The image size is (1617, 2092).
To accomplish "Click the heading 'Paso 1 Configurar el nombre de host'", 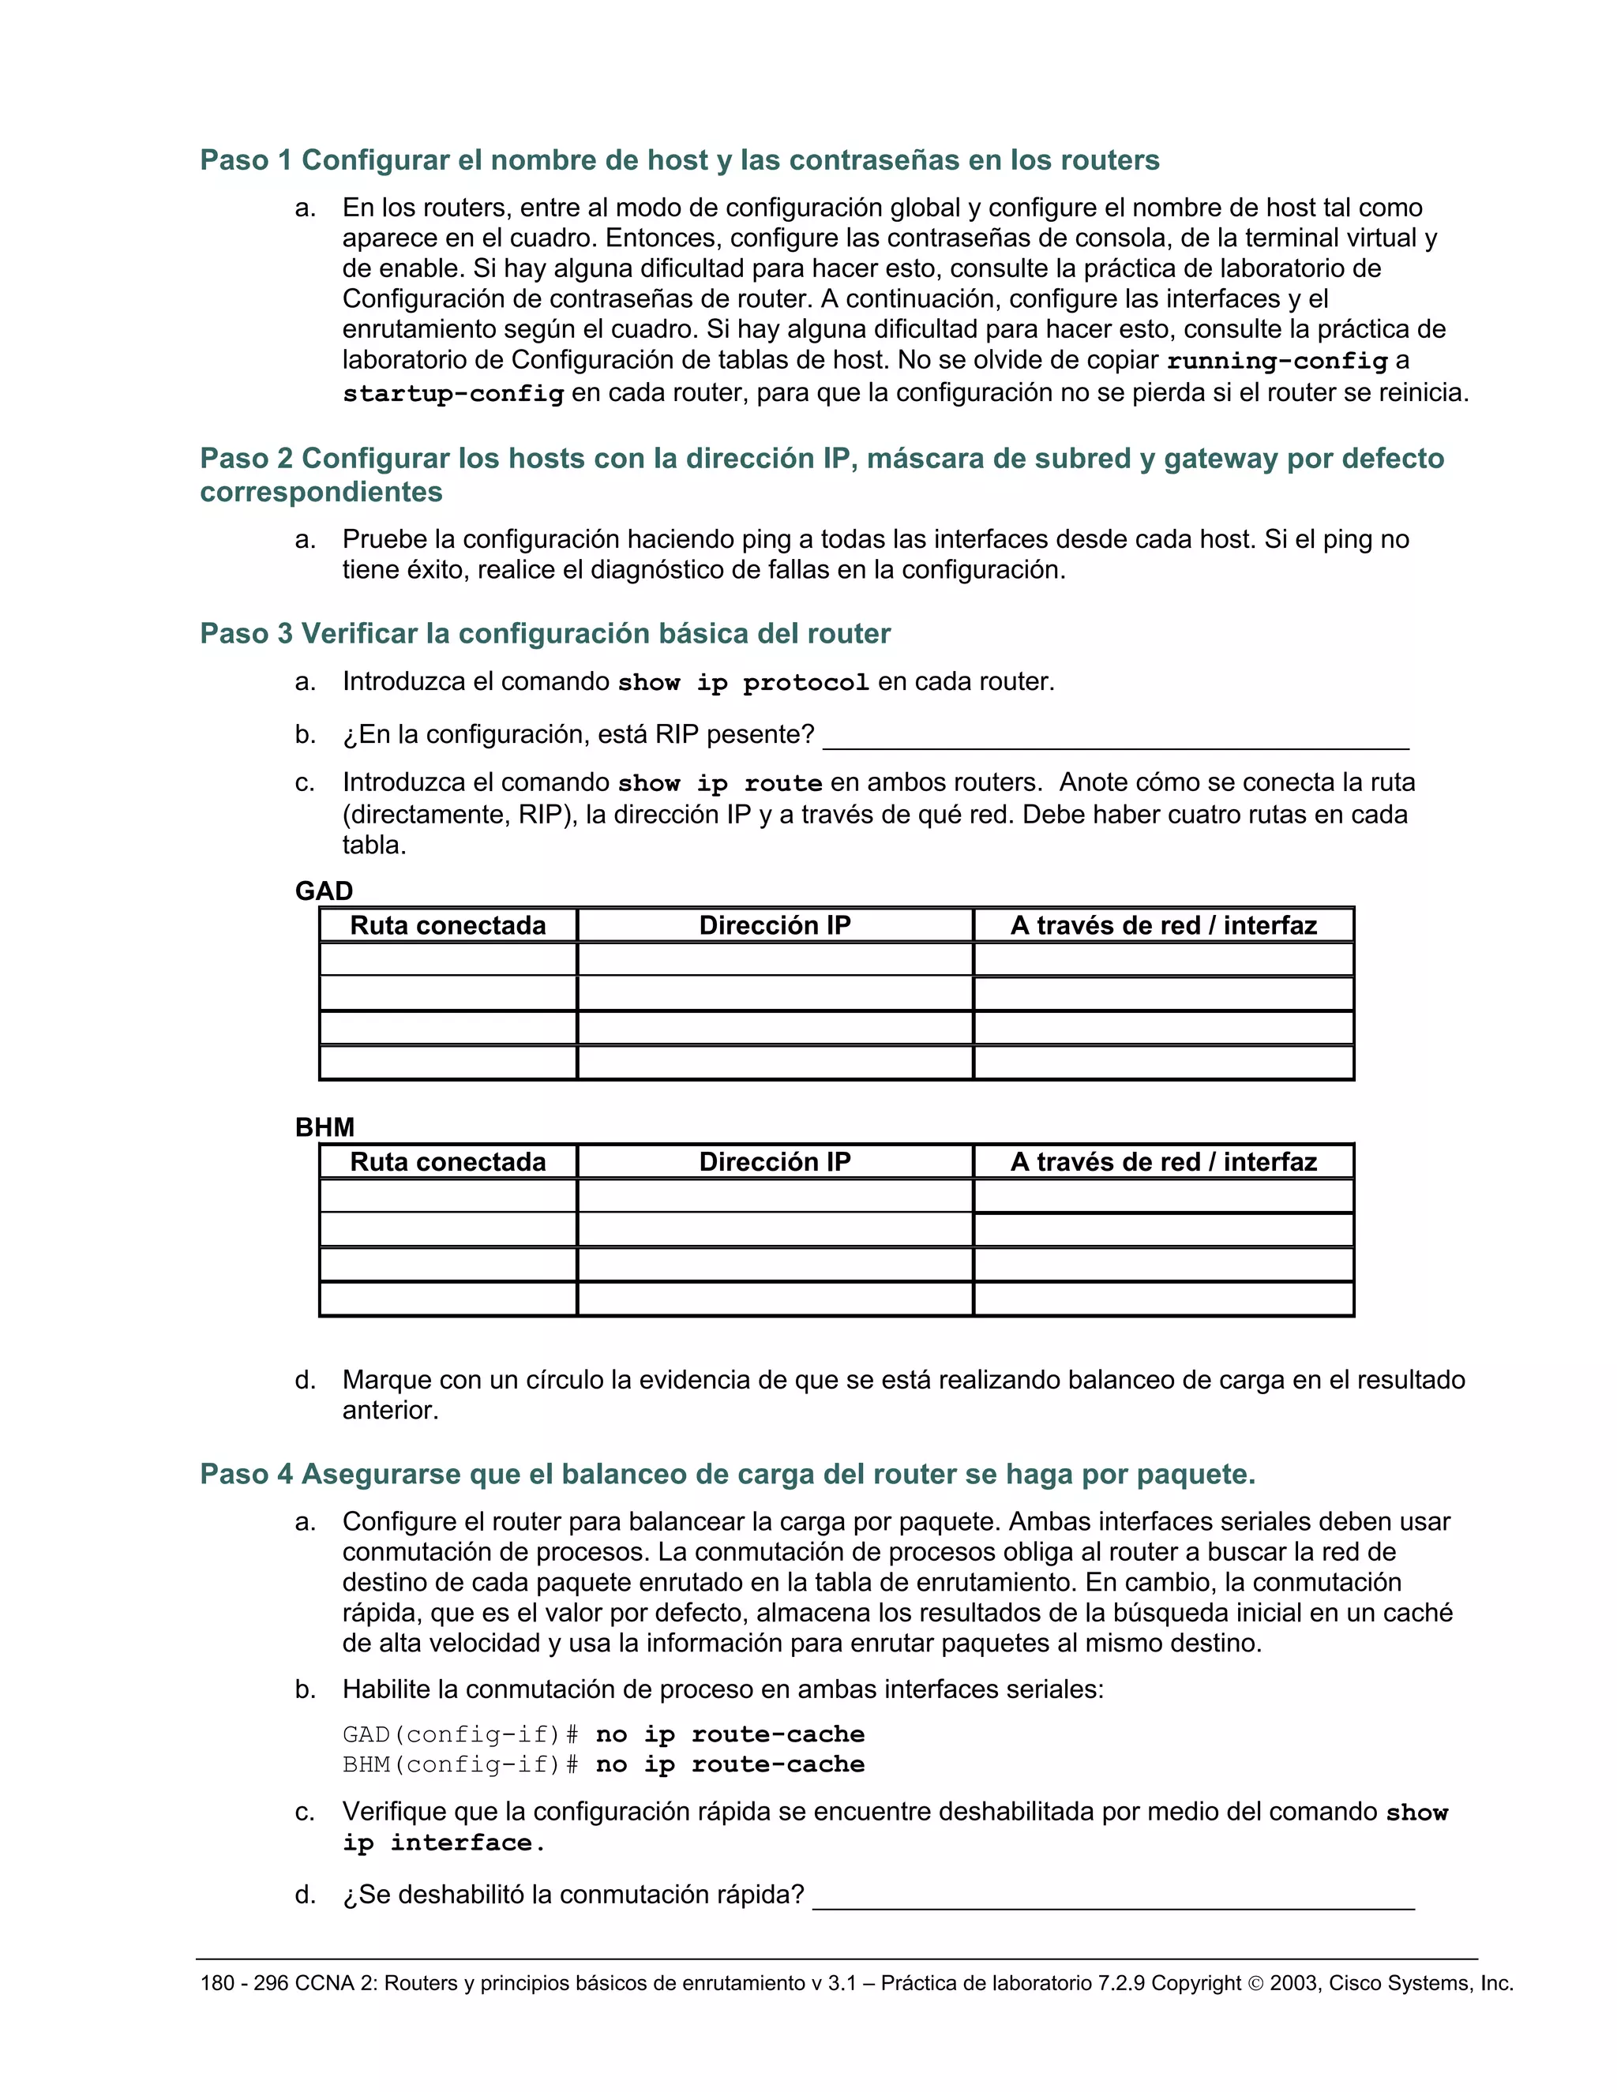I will (x=679, y=160).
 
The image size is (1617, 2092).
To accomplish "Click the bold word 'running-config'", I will (x=1277, y=361).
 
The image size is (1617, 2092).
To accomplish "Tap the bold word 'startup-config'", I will (x=453, y=394).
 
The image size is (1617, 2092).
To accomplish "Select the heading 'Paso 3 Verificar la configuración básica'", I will (x=545, y=633).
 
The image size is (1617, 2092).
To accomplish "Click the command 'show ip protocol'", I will (x=743, y=683).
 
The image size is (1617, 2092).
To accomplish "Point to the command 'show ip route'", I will (x=719, y=784).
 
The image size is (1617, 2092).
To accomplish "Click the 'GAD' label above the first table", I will (x=324, y=890).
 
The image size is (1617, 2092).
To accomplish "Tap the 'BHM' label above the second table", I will (x=325, y=1127).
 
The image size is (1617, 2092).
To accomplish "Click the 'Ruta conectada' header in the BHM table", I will (x=448, y=1162).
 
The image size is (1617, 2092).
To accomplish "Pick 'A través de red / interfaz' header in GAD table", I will (x=1163, y=925).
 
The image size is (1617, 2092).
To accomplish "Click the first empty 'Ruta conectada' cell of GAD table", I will (x=448, y=959).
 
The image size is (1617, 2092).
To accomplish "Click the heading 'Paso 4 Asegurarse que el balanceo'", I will (x=727, y=1473).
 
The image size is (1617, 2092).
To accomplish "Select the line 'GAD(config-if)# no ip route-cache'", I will (x=603, y=1734).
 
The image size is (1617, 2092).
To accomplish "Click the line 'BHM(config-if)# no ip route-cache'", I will (x=603, y=1764).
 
